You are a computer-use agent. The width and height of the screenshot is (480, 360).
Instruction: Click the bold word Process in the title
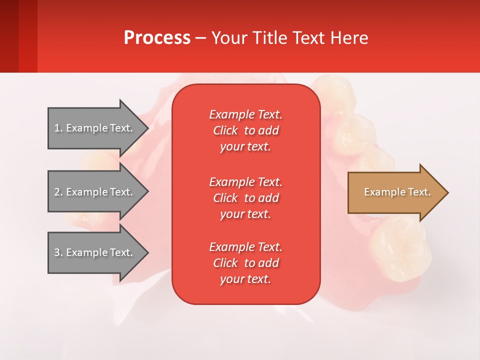[157, 38]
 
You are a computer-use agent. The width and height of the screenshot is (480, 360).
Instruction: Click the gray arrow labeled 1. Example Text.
[98, 128]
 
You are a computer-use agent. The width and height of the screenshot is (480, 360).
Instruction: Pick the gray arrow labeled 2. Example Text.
[98, 192]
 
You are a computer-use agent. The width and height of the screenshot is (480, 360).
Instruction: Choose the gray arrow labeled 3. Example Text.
[98, 252]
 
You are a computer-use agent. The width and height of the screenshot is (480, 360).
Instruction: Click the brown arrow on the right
[398, 192]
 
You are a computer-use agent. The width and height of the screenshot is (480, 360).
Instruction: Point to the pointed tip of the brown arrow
[448, 192]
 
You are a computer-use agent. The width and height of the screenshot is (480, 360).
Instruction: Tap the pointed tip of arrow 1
[148, 128]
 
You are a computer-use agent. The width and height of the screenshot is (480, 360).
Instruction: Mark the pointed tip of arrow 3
[148, 252]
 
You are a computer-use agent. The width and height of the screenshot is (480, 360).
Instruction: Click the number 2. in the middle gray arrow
[58, 192]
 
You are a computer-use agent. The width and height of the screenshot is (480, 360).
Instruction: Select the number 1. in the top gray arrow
[58, 128]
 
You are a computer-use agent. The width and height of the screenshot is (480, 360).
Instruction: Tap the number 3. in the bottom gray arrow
[58, 252]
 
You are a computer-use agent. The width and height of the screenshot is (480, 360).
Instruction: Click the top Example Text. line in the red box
[246, 114]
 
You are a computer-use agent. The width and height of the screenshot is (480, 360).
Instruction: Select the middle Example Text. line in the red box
[246, 182]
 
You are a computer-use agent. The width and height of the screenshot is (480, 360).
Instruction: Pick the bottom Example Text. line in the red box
[246, 247]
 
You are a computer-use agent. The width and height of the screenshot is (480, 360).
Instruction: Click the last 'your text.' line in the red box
[245, 279]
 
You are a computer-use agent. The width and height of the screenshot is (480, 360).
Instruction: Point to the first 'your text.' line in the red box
[245, 146]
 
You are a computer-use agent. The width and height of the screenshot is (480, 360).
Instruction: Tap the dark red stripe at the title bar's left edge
[9, 36]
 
